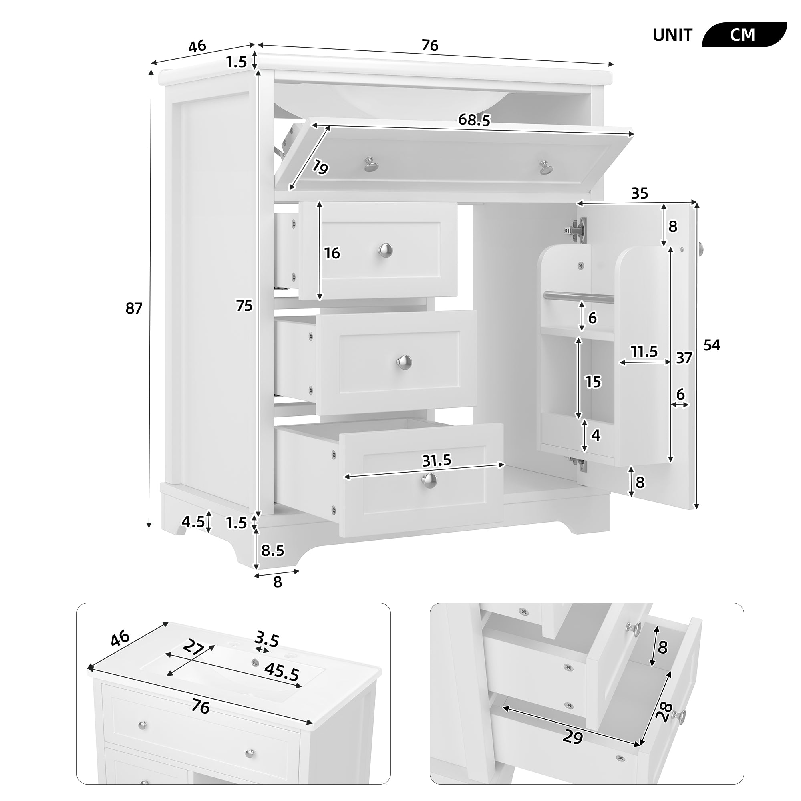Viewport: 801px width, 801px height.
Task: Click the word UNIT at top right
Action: (672, 35)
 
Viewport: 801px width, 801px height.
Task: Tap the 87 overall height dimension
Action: (134, 308)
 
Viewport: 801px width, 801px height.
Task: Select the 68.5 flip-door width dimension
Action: (474, 120)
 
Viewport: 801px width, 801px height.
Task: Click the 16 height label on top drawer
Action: (332, 253)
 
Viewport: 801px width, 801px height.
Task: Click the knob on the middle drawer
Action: (403, 361)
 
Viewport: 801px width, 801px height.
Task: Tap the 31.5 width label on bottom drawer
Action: (436, 460)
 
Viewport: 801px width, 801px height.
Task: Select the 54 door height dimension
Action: (712, 345)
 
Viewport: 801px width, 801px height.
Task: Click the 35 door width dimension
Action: (639, 193)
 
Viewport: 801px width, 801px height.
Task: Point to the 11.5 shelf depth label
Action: (644, 352)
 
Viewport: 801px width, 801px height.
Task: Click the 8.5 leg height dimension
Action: (272, 551)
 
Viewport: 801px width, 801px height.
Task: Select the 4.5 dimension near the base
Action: (193, 521)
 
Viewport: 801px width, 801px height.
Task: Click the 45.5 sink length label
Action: (282, 672)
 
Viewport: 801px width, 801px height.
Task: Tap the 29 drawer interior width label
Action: (573, 737)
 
